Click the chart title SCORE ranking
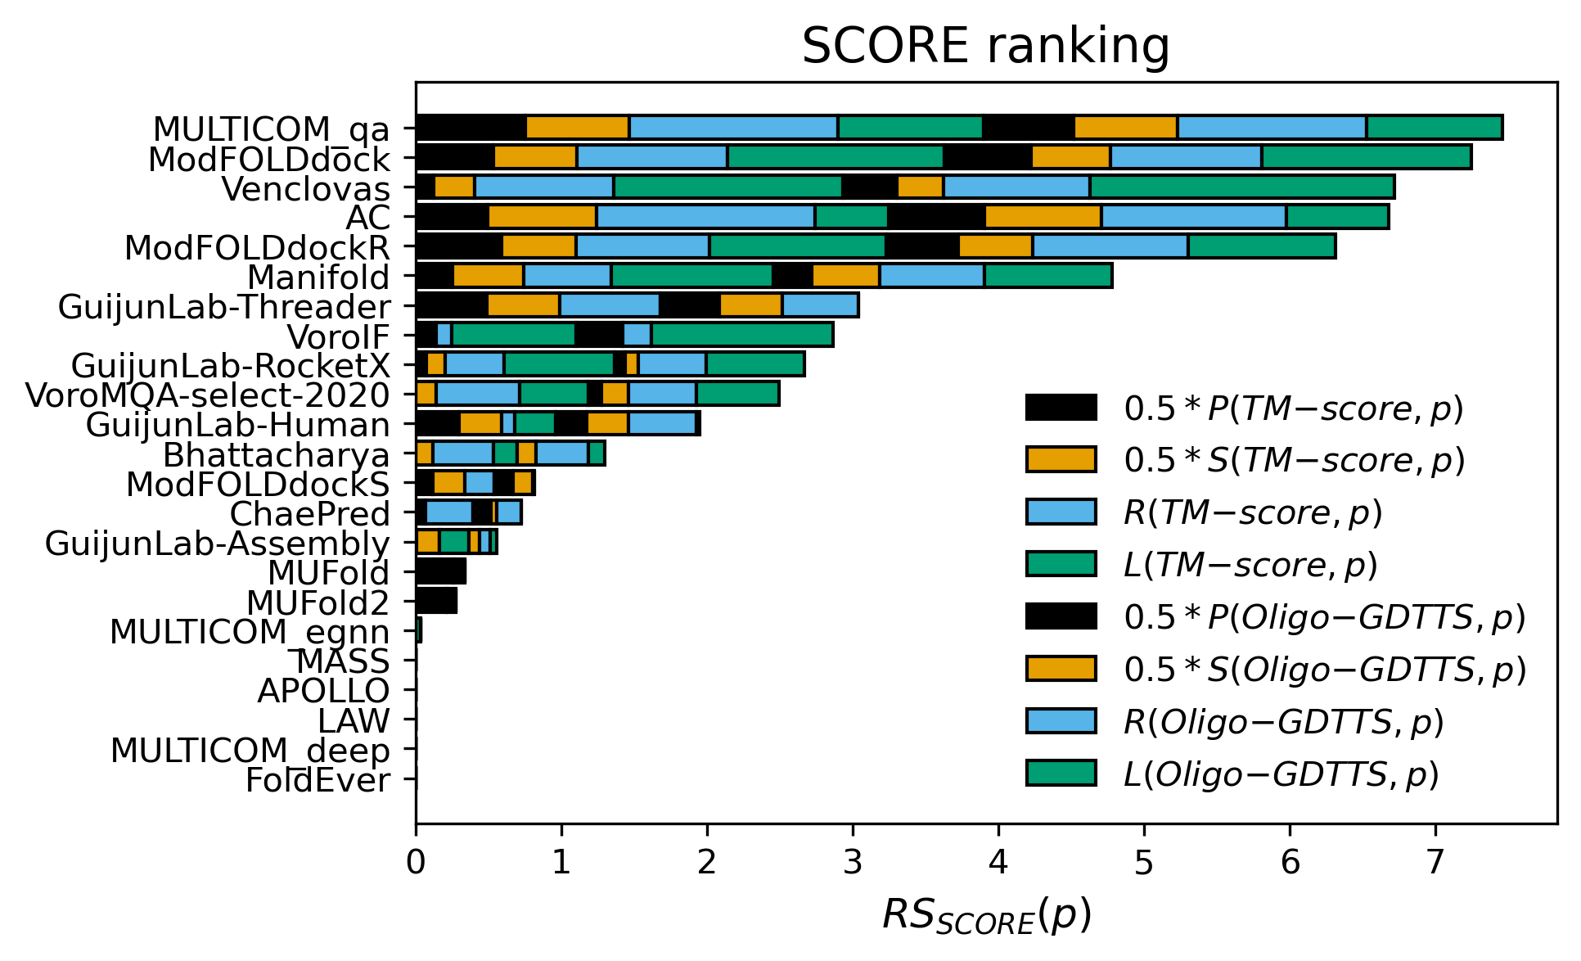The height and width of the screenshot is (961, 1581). (x=985, y=46)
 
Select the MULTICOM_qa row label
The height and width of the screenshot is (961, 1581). (x=272, y=129)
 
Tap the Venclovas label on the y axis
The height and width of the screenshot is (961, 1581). (x=305, y=189)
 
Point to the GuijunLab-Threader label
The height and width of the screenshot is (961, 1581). (x=224, y=307)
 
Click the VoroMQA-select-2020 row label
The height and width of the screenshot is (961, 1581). (x=208, y=395)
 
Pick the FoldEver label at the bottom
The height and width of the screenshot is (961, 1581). (x=318, y=780)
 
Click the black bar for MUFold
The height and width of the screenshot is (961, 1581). (x=440, y=571)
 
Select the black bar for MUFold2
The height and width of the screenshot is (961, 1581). (x=436, y=601)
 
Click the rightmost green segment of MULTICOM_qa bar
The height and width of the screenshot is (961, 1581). (x=1434, y=128)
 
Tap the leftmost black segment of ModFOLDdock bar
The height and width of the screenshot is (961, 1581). (x=455, y=157)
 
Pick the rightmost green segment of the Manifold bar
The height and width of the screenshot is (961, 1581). (x=1047, y=276)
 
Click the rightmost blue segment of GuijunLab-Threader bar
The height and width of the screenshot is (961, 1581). (x=820, y=305)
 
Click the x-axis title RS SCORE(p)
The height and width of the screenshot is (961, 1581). (x=985, y=915)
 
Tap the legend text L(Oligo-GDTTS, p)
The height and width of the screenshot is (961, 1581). (x=1281, y=774)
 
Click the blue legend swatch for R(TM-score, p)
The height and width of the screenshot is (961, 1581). (x=1061, y=512)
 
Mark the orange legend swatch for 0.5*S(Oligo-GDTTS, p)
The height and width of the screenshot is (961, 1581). (x=1061, y=669)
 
